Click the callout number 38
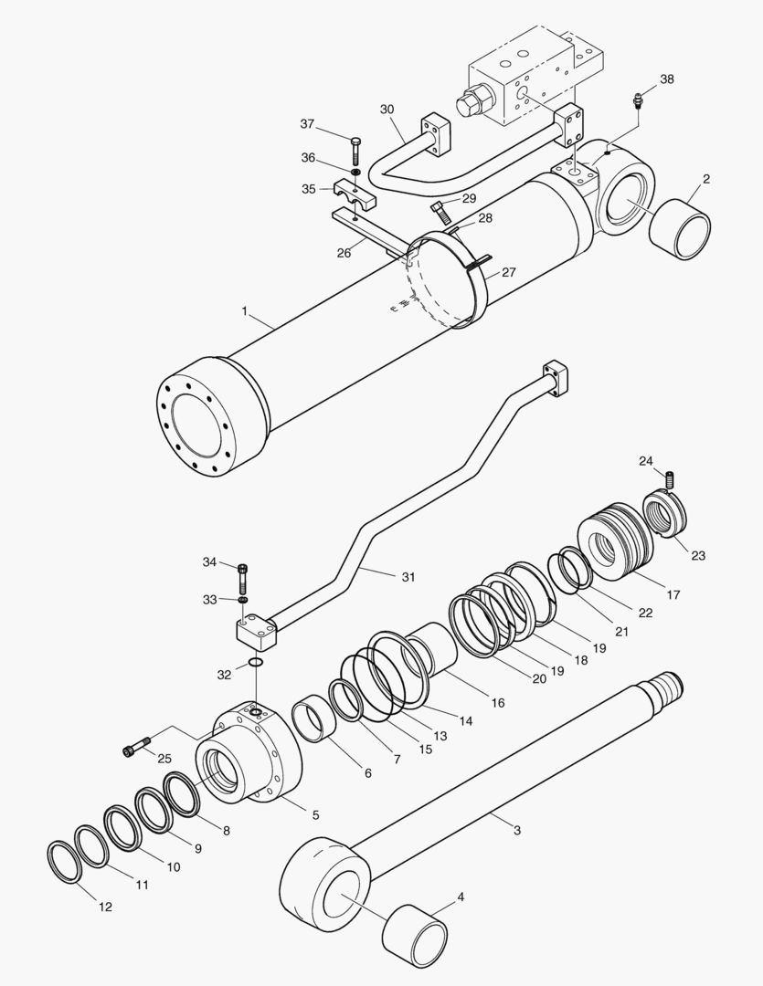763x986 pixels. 666,79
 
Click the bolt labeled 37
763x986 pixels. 355,149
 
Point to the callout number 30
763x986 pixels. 387,110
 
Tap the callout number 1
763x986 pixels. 245,311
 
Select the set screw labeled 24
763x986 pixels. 670,477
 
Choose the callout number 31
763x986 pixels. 408,576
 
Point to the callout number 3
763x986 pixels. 516,830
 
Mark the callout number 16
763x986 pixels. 497,703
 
